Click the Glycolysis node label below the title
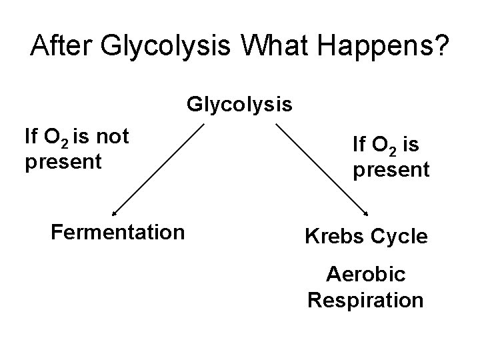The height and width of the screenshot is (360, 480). (x=239, y=105)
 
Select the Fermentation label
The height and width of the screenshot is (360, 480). (x=117, y=232)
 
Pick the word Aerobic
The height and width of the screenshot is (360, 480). (x=365, y=275)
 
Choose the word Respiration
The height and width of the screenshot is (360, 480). (x=365, y=300)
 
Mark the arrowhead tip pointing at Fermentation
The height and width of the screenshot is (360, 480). (x=113, y=215)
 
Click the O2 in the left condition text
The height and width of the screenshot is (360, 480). (x=54, y=138)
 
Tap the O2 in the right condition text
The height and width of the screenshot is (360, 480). (x=383, y=145)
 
